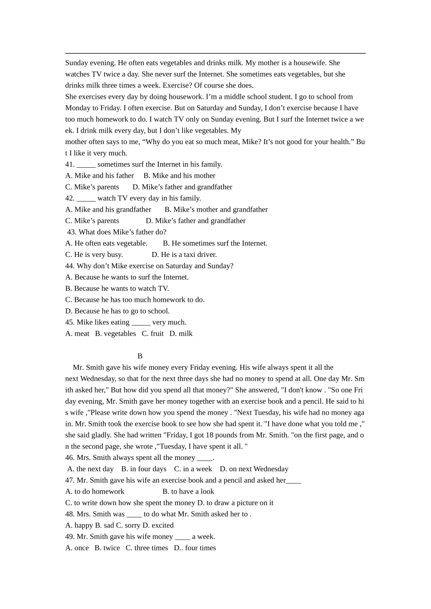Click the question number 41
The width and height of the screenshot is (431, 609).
click(x=70, y=164)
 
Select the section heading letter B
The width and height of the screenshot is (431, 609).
click(x=140, y=356)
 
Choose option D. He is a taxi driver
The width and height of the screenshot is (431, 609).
click(x=184, y=255)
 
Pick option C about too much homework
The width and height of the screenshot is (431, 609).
click(x=135, y=300)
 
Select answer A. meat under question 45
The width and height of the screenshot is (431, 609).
click(x=77, y=333)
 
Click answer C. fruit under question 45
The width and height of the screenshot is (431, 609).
click(x=152, y=333)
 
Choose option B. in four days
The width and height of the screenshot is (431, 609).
click(x=144, y=469)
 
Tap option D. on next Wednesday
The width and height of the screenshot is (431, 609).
click(x=254, y=469)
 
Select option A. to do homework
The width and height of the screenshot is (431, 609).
click(x=95, y=491)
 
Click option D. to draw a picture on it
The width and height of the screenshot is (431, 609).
click(x=235, y=503)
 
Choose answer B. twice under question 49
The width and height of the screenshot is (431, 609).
click(x=107, y=548)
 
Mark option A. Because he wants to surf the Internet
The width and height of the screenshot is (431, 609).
click(x=127, y=277)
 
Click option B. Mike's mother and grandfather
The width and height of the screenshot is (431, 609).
click(x=216, y=209)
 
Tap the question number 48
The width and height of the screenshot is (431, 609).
click(x=70, y=514)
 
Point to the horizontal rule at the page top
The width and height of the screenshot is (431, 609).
click(x=215, y=53)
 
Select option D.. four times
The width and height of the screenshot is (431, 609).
click(x=195, y=548)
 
